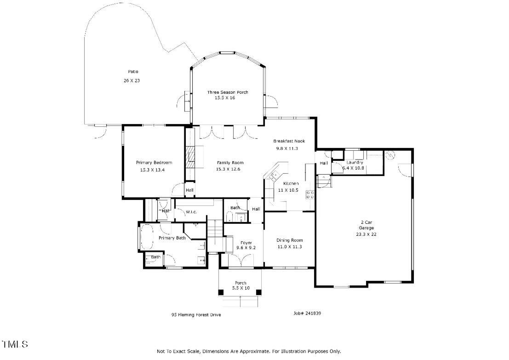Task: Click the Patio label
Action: (133, 71)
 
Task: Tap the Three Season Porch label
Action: (227, 92)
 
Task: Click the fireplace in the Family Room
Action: (190, 158)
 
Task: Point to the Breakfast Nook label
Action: (289, 141)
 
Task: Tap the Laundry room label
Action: (355, 162)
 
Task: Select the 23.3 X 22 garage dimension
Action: (366, 234)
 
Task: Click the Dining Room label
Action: (289, 240)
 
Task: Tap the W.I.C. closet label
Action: (191, 212)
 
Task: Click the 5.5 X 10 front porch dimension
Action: (240, 288)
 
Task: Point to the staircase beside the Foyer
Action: (214, 234)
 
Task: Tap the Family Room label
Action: (230, 162)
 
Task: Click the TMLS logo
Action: (15, 344)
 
